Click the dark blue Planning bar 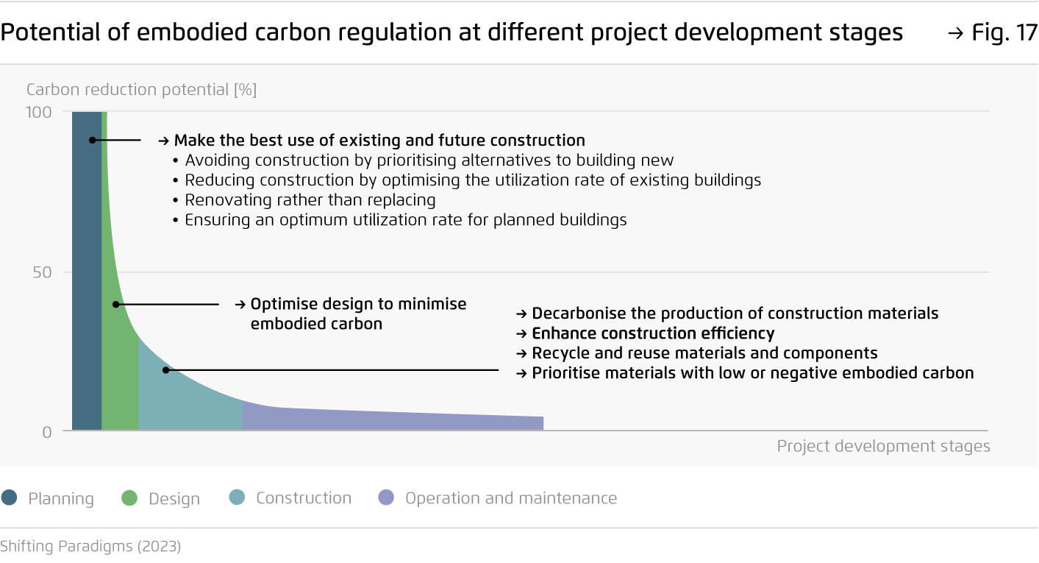click(87, 271)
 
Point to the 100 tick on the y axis click(39, 113)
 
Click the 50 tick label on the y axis click(42, 272)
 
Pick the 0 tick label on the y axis click(47, 433)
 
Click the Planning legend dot click(10, 498)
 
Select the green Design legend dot click(129, 498)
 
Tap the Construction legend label click(304, 498)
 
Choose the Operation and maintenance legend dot click(386, 498)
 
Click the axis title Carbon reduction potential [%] click(141, 90)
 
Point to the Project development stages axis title click(884, 446)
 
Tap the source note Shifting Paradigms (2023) click(90, 546)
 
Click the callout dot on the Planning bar click(93, 140)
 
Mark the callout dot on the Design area click(116, 305)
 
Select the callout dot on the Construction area click(165, 370)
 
